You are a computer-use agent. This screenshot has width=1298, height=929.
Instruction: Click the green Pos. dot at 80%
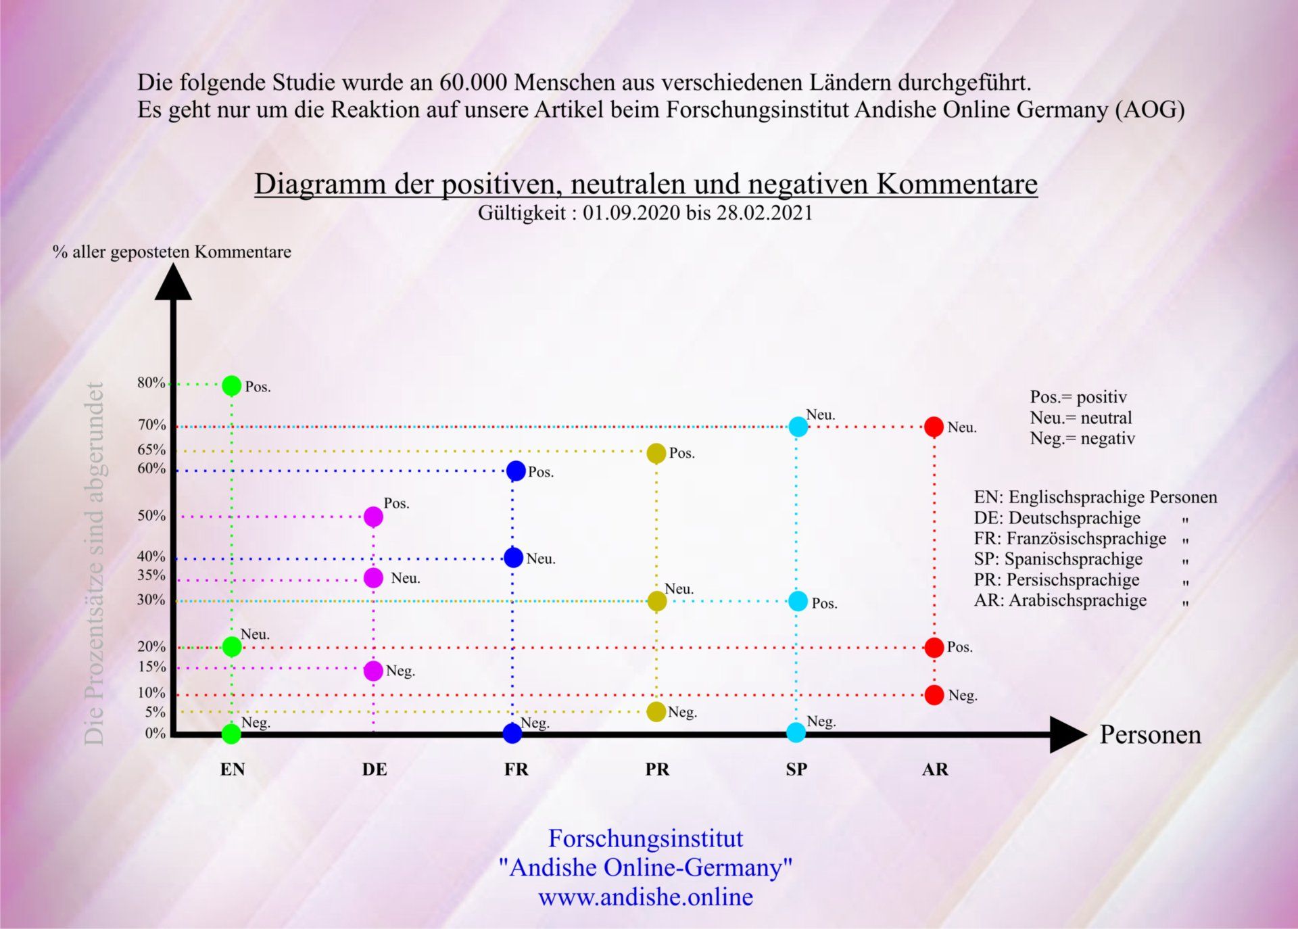[231, 385]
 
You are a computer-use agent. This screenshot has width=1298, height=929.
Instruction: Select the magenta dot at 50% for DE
[373, 517]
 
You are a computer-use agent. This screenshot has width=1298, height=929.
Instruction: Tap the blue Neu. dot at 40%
[513, 558]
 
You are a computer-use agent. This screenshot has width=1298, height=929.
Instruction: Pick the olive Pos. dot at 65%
[656, 453]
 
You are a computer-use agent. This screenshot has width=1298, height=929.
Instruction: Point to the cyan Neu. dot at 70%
[798, 427]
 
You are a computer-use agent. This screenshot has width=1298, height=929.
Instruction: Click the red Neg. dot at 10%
[934, 694]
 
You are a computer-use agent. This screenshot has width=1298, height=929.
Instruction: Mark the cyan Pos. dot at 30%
[798, 601]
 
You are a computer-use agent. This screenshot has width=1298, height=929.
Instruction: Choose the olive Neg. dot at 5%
[656, 711]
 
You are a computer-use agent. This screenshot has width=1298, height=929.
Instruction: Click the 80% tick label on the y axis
[151, 383]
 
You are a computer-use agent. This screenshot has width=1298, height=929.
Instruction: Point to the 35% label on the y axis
[151, 575]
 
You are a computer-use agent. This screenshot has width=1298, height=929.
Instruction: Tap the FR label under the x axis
[516, 769]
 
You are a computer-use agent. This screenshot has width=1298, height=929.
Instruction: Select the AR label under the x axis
[935, 769]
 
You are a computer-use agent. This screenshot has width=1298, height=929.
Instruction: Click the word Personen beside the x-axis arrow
[1150, 735]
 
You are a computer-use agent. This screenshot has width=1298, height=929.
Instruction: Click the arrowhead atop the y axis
[173, 283]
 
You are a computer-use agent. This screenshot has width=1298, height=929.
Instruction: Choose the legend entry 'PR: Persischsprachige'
[1056, 580]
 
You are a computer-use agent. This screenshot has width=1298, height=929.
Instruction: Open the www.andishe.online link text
[645, 897]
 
